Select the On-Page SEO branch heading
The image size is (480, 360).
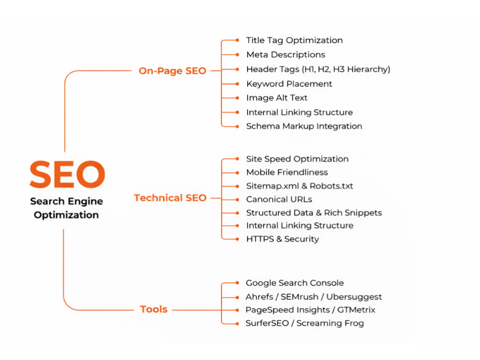pos(172,71)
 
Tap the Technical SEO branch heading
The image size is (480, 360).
pos(170,198)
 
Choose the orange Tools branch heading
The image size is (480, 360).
pos(154,309)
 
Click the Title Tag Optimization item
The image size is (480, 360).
pos(295,40)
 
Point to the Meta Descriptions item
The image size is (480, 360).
pos(286,55)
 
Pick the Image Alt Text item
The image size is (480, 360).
pos(277,98)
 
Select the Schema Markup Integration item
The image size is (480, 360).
pos(304,126)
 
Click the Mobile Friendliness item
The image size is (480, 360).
pos(287,172)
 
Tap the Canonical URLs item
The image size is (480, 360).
pos(279,200)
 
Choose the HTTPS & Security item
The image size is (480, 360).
pos(283,239)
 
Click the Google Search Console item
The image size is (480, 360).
pos(295,283)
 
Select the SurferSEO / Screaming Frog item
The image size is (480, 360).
pos(305,323)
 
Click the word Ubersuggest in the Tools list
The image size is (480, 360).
pos(354,297)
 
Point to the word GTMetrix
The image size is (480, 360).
pos(356,310)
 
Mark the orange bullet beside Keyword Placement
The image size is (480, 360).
pos(237,84)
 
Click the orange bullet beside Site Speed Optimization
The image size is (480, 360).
pos(237,159)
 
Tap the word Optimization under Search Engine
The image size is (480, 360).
pos(66,215)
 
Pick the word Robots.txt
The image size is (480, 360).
pos(331,186)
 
